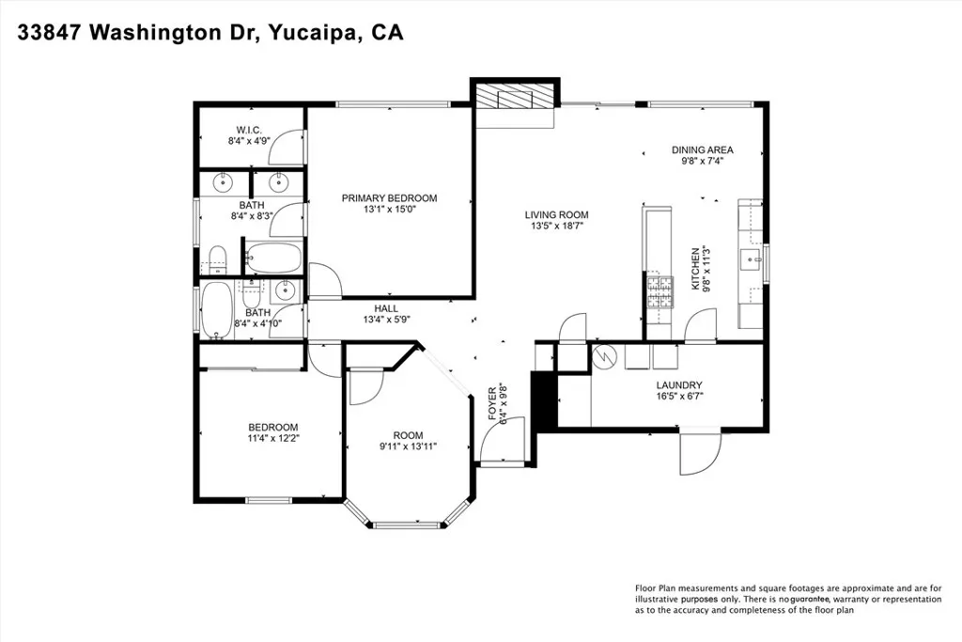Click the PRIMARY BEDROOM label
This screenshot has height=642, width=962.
pos(389,198)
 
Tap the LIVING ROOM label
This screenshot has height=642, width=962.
pos(556,215)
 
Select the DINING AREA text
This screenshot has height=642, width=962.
pos(703,149)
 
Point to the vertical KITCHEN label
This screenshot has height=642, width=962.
pos(695,269)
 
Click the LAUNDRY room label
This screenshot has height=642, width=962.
pos(679,385)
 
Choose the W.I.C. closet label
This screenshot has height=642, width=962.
pos(249,130)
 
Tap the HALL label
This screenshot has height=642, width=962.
pos(386,308)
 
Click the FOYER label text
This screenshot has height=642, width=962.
pos(492,404)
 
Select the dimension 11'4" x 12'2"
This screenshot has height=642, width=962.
pos(273,438)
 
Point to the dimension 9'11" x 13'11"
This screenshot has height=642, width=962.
pos(408,446)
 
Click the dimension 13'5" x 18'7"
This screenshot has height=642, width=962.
pos(556,226)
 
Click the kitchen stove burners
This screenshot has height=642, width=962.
pos(659,291)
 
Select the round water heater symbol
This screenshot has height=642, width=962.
pos(605,356)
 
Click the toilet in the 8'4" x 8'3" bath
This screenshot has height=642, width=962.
pos(217,260)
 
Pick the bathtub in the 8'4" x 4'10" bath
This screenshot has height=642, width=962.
pos(216,310)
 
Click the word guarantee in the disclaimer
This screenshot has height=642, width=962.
pos(811,599)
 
